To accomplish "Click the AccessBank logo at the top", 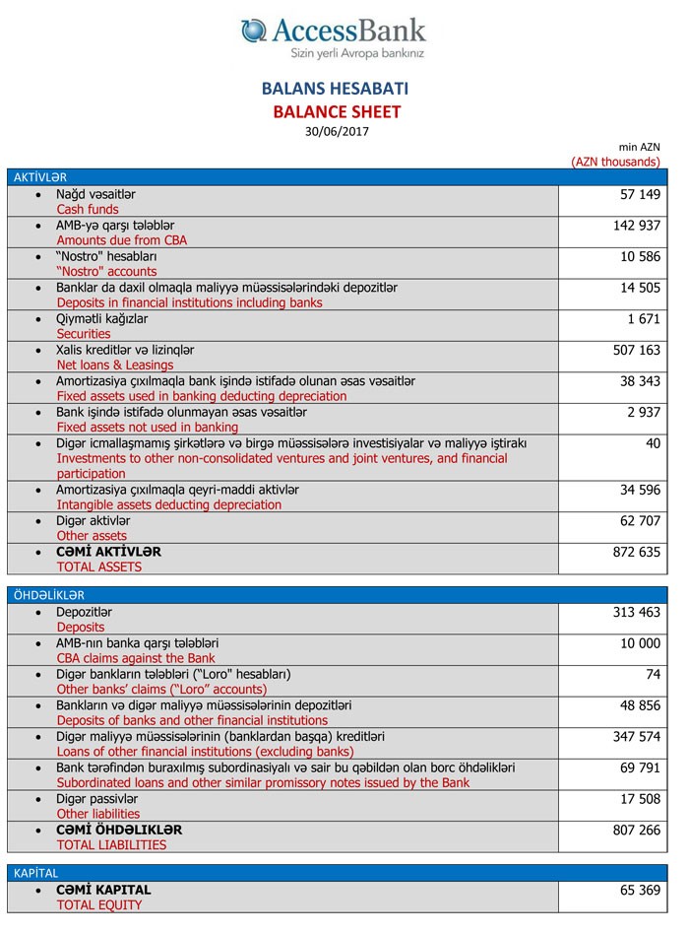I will pos(335,36).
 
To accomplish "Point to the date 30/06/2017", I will pos(337,131).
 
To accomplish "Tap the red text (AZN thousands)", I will pos(615,162).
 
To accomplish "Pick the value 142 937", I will pos(636,227).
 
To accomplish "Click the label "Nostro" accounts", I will pos(106,271).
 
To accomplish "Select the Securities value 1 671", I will pos(643,319).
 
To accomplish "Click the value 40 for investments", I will pos(653,443).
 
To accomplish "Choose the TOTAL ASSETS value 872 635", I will pos(636,552).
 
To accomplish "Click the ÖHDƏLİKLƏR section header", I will pos(49,595).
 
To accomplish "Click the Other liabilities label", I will pos(98,814).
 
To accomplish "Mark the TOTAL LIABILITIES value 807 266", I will pos(636,831).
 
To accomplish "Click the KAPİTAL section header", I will pos(36,873).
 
